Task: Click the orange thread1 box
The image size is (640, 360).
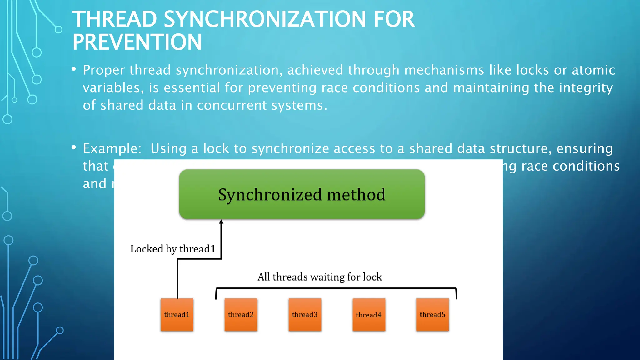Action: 177,315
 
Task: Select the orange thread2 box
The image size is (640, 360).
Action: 241,315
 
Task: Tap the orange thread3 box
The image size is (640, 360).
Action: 305,315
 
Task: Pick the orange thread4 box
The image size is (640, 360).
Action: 369,315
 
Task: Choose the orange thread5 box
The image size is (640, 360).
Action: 432,315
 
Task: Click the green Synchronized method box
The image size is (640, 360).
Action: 302,194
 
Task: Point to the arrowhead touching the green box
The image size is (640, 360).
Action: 221,222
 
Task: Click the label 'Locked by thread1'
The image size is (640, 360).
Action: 173,249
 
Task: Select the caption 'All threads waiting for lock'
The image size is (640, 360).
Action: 320,277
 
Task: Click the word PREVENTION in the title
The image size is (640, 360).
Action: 137,42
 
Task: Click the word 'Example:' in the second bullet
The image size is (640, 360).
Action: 112,148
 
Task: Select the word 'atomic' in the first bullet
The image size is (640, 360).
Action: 593,70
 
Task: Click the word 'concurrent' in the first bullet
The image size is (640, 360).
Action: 232,105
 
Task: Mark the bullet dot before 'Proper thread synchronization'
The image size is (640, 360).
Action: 74,69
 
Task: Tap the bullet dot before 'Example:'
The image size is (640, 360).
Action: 74,147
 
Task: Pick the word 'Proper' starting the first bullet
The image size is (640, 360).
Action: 104,70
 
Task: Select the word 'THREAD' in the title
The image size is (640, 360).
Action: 114,19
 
